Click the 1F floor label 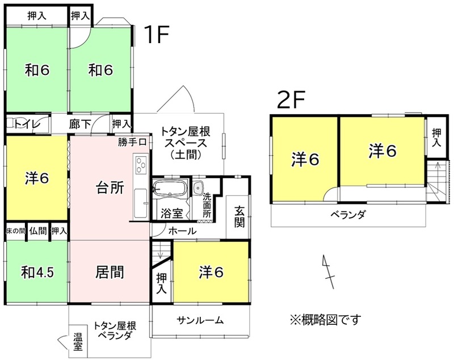pos(157,34)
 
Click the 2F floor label pos(291,99)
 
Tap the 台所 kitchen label pos(110,188)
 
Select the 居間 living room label pos(110,272)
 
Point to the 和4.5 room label pos(37,272)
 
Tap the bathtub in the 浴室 pos(170,189)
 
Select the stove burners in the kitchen pos(141,165)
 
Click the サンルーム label pos(200,320)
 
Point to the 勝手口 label pos(132,142)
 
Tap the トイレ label pos(27,124)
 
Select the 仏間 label pos(38,231)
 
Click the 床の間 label pos(16,231)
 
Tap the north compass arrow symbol pos(329,271)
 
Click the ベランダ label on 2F pos(348,215)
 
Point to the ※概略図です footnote pos(326,320)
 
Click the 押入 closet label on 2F pos(436,137)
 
